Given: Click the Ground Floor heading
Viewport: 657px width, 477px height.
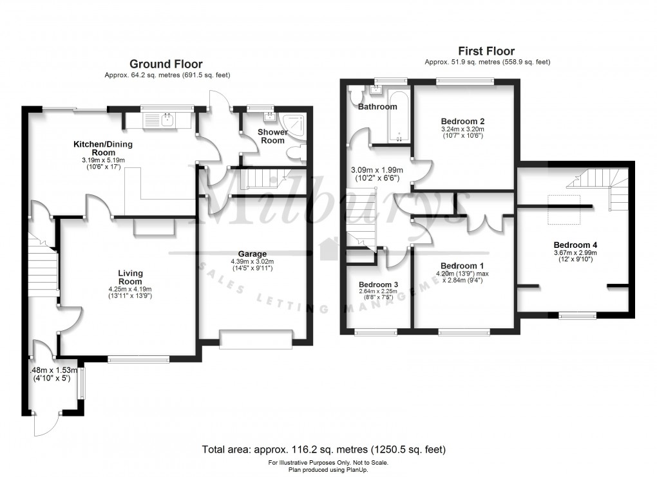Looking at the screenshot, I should [x=166, y=64].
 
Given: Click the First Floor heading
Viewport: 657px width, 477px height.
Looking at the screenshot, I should [x=486, y=51].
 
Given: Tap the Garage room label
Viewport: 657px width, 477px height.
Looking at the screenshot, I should [x=251, y=254].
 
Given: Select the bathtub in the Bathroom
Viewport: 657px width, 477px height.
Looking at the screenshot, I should [x=398, y=116].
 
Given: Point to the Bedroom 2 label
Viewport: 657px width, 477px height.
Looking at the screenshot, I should [x=462, y=121].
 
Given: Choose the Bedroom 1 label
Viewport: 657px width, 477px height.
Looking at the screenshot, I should [x=462, y=266].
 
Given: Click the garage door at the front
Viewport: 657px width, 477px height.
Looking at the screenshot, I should [x=256, y=338].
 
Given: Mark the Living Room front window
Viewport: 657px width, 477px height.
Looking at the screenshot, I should [x=138, y=359].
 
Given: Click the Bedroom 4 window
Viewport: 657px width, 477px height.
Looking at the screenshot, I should [x=577, y=315].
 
